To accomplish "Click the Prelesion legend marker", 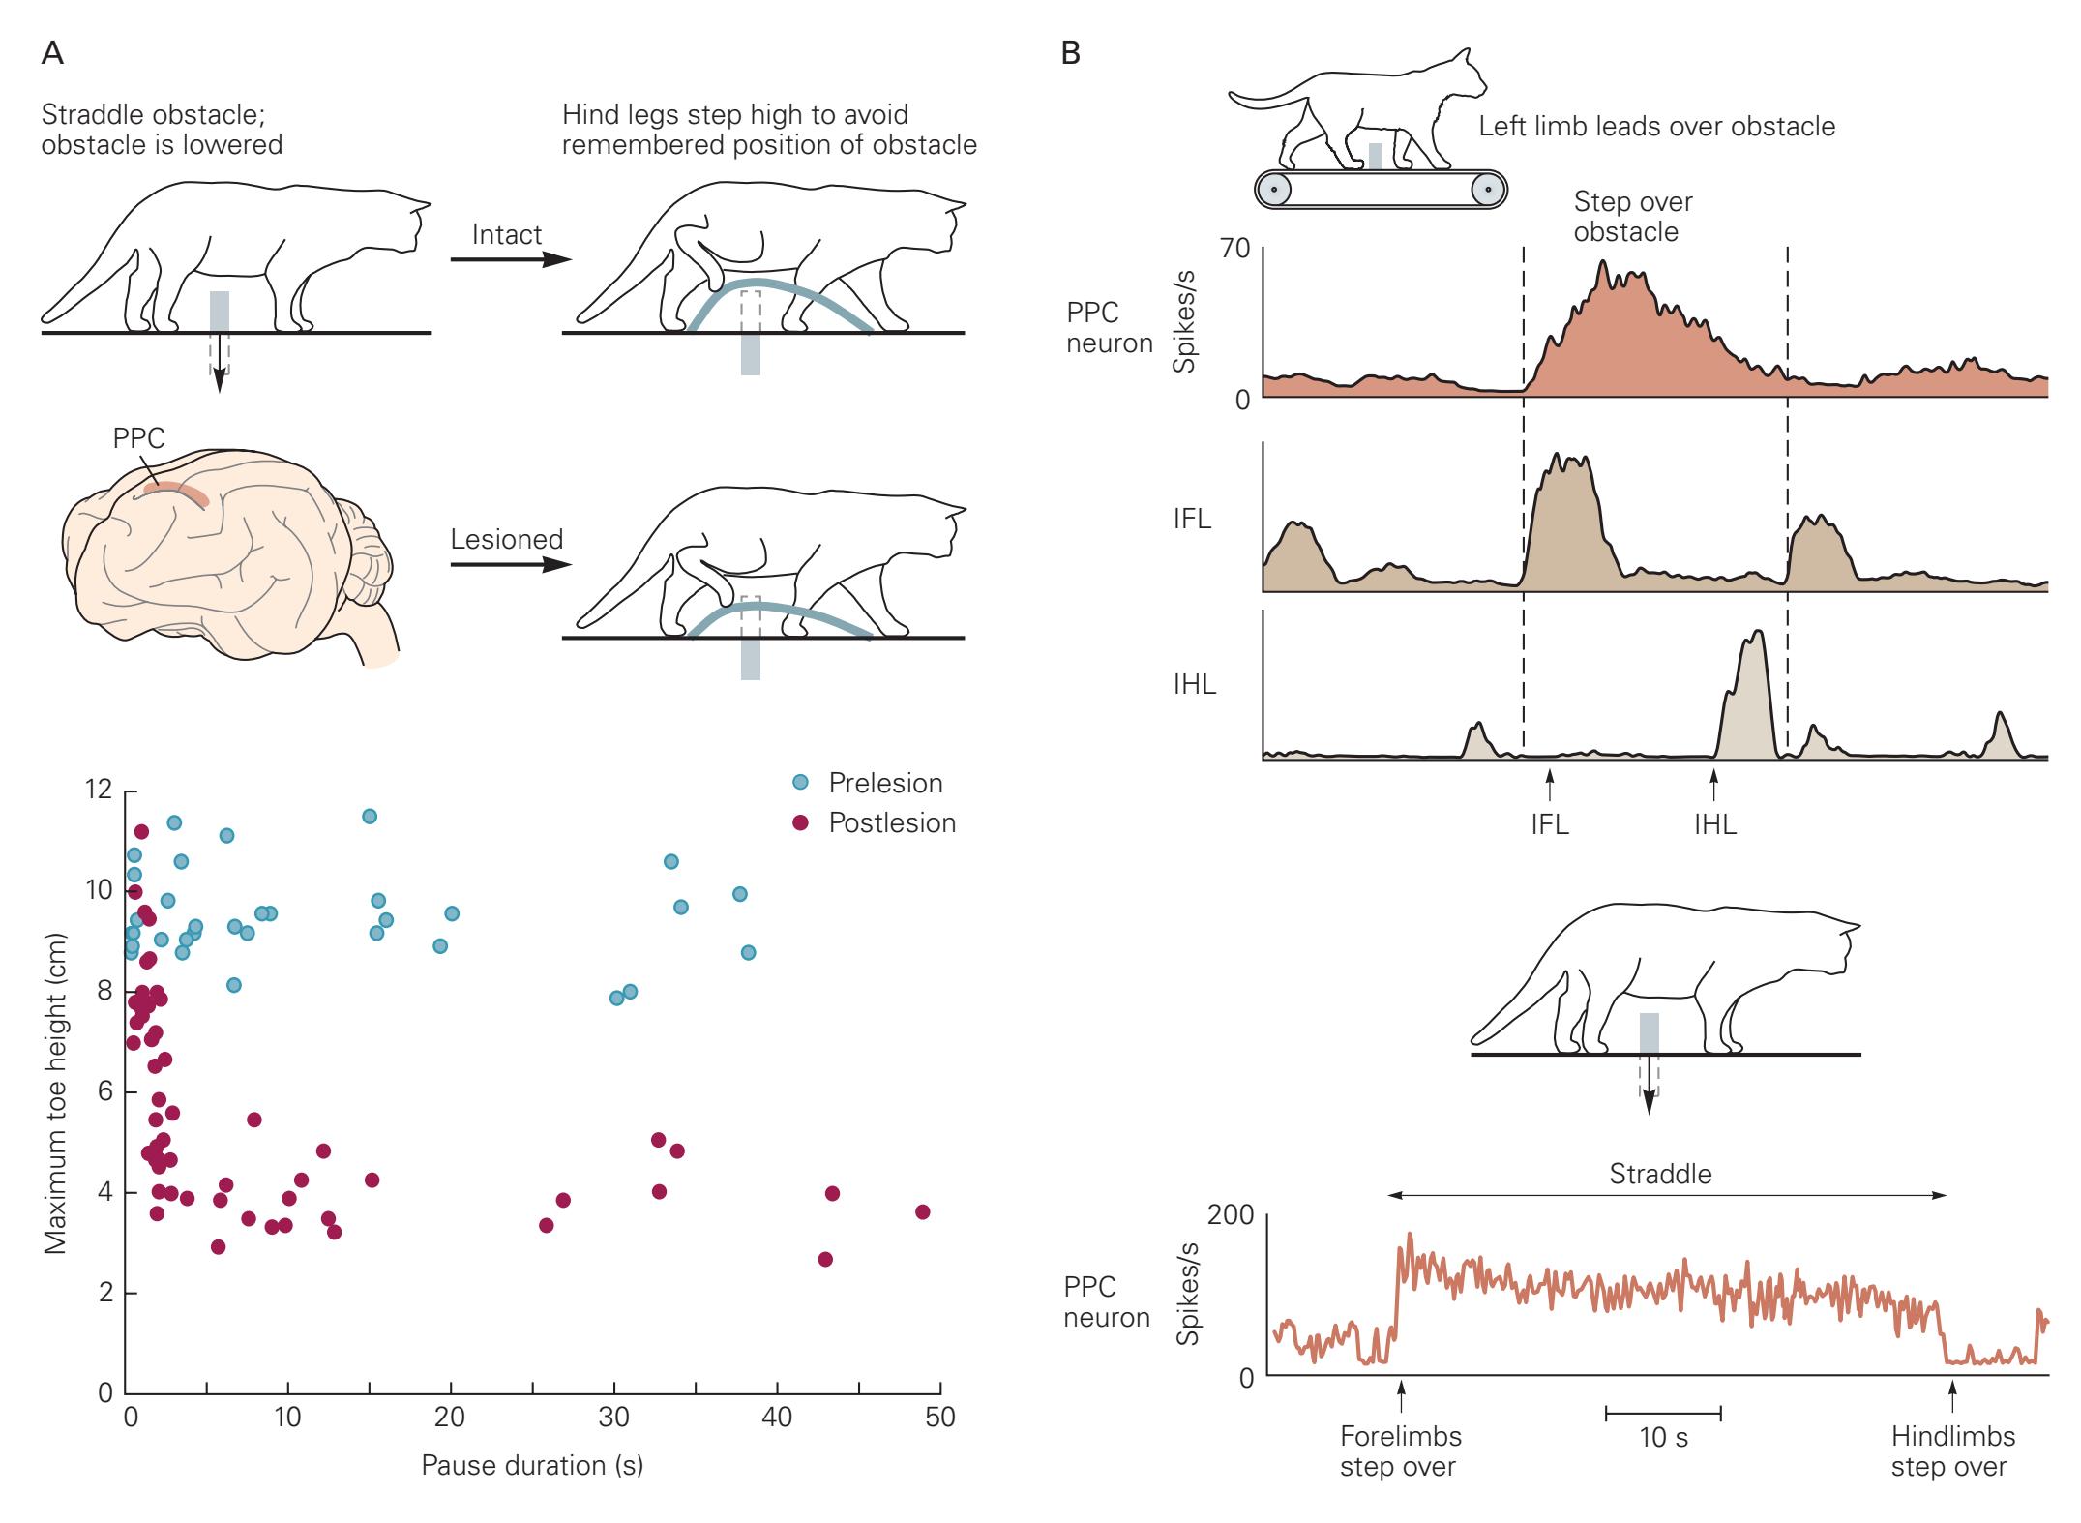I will click(x=800, y=782).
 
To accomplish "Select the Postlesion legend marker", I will click(x=800, y=822).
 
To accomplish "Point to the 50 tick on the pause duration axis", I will click(x=939, y=1394).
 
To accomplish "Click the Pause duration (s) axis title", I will click(x=532, y=1465).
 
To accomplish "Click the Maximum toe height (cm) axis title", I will click(x=55, y=1093).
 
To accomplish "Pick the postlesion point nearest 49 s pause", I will click(x=922, y=1212).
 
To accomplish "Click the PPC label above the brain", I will click(x=138, y=438).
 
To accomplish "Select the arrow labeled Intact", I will click(x=511, y=259).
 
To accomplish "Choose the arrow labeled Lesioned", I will click(x=511, y=564).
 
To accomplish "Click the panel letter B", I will click(x=1070, y=53).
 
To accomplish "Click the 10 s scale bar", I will click(x=1663, y=1414).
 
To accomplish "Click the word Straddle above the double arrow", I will click(x=1660, y=1174).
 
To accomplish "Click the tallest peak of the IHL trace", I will click(x=1757, y=632).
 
